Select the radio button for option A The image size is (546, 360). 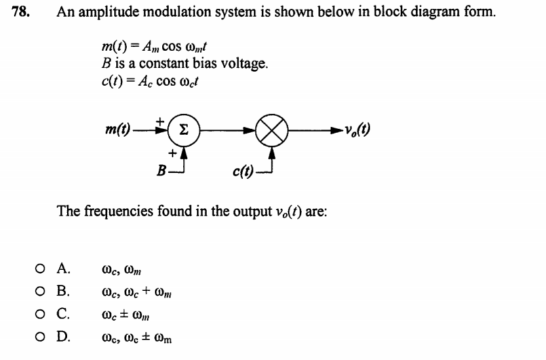pyautogui.click(x=41, y=268)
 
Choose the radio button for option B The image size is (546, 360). pyautogui.click(x=41, y=290)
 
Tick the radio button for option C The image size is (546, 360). pyautogui.click(x=41, y=313)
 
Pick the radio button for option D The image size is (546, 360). pyautogui.click(x=41, y=336)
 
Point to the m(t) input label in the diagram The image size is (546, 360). pyautogui.click(x=118, y=130)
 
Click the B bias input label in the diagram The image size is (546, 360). pyautogui.click(x=160, y=172)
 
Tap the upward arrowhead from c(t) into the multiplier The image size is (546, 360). pyautogui.click(x=271, y=152)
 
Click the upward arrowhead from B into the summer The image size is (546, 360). pyautogui.click(x=185, y=152)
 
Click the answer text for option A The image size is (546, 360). pyautogui.click(x=123, y=270)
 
